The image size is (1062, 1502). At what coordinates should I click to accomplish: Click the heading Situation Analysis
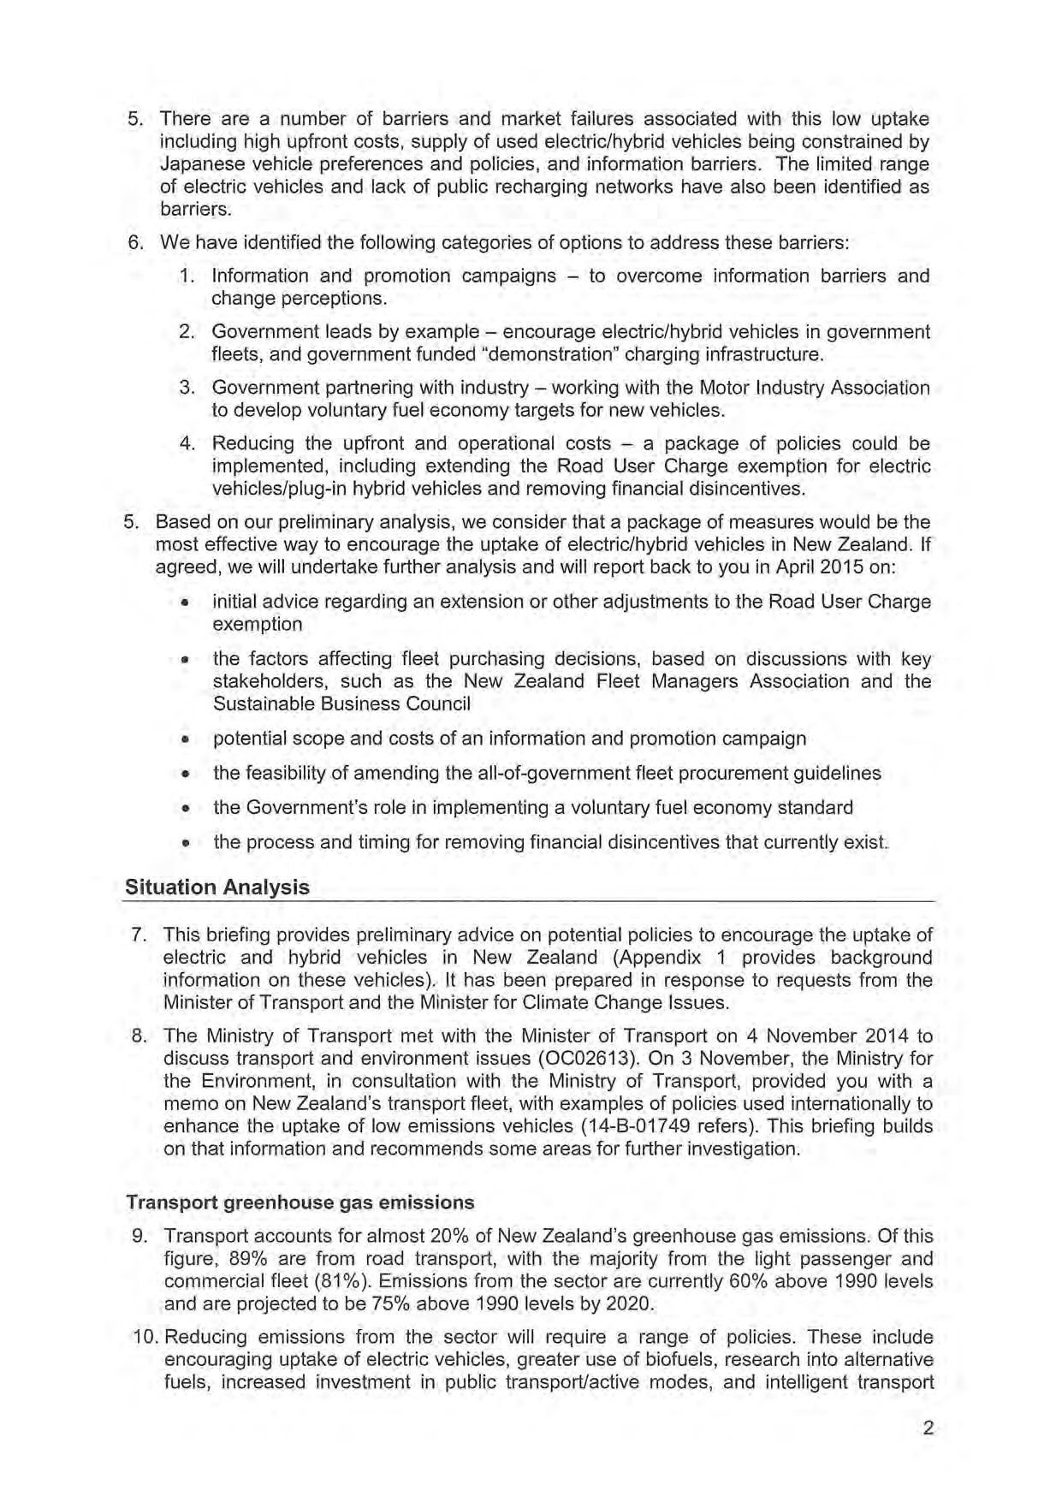tap(217, 888)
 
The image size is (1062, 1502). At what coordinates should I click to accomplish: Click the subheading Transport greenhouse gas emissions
tap(300, 1202)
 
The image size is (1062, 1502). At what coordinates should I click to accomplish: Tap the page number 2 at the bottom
tap(928, 1428)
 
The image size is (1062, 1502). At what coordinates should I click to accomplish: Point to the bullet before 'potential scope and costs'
tap(184, 739)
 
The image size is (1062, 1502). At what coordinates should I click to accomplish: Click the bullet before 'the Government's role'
tap(184, 808)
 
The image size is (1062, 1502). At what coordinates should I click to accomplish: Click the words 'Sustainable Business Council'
tap(341, 704)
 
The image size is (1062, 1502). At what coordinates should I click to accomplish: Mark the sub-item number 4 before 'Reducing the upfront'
tap(187, 443)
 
